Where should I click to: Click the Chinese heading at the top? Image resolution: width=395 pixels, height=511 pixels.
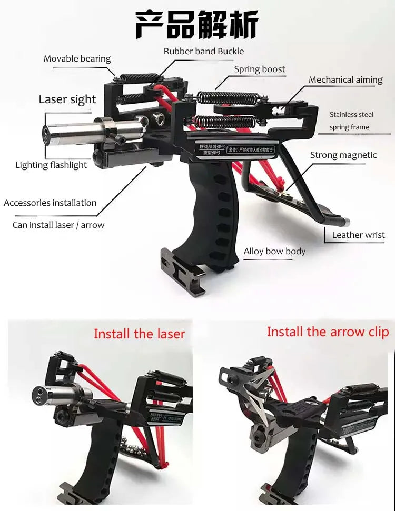pos(197,25)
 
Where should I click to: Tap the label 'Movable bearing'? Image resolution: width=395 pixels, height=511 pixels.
pos(77,58)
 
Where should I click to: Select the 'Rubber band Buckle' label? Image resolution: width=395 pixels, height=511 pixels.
pos(204,51)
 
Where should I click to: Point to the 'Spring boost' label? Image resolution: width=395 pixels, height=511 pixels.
pos(260,69)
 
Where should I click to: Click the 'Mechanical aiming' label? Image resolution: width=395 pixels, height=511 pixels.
pos(345,79)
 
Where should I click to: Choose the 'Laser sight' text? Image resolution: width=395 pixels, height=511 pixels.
pos(67,99)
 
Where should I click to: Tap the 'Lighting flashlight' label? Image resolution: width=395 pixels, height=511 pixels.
pos(51,165)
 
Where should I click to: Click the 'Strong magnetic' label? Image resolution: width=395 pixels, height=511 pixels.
pos(343,155)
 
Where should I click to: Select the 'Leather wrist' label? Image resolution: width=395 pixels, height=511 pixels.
pos(358,235)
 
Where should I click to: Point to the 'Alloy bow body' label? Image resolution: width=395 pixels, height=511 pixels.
pos(274,251)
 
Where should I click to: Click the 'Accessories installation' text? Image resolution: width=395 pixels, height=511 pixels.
pos(50,203)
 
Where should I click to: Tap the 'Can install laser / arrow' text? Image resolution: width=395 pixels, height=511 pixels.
pos(58,225)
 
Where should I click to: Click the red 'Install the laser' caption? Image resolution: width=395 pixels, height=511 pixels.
pos(140,334)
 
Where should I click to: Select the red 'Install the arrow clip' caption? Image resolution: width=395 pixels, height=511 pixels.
pos(328,332)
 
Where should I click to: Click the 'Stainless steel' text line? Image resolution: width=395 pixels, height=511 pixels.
pos(351,114)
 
